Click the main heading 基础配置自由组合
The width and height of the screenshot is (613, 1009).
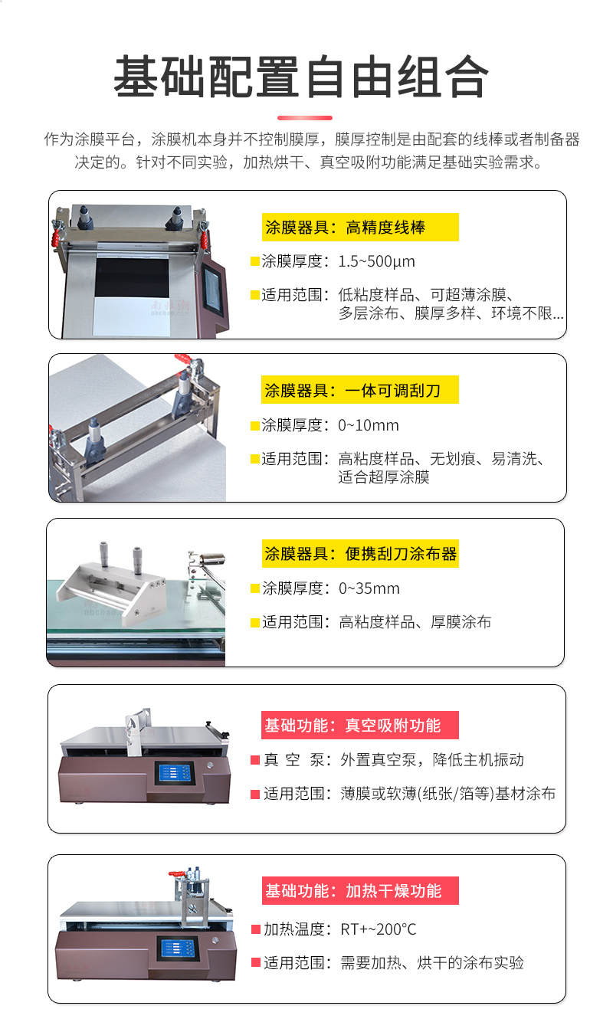click(x=301, y=77)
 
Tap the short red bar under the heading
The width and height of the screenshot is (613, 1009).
click(x=304, y=118)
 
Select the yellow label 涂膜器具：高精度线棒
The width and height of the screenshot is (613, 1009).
click(x=359, y=228)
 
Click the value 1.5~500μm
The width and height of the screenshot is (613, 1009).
click(x=376, y=261)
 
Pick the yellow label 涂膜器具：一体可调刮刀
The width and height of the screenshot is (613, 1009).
click(x=359, y=390)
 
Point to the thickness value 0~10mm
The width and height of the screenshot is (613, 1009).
click(x=369, y=425)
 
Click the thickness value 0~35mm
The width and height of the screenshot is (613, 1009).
click(x=369, y=588)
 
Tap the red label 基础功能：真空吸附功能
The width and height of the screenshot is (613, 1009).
click(x=359, y=725)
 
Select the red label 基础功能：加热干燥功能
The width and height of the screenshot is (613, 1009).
click(x=359, y=891)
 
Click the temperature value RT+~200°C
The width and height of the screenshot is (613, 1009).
click(x=379, y=929)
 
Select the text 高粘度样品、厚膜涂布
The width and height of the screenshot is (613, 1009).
click(x=415, y=622)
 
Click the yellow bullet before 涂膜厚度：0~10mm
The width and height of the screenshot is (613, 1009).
click(x=255, y=425)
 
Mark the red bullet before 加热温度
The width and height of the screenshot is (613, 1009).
click(x=256, y=929)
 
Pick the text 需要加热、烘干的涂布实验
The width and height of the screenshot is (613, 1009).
click(x=432, y=963)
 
